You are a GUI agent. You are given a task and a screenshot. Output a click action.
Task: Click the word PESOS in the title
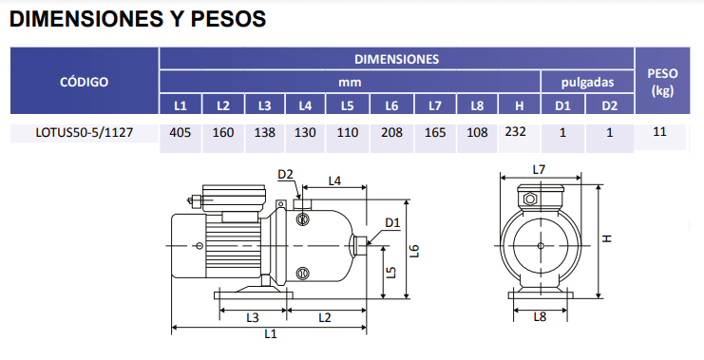tap(229, 19)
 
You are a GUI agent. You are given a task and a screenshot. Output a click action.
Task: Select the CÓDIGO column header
tap(85, 82)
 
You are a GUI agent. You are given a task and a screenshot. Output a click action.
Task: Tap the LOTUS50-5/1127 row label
tap(85, 133)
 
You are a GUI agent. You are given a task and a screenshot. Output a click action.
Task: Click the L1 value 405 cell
tap(181, 133)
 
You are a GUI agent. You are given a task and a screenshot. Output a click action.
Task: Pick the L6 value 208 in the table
tap(391, 133)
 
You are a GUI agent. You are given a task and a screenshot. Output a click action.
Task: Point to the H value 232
tap(516, 132)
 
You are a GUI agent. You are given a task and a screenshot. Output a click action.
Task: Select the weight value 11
tap(659, 132)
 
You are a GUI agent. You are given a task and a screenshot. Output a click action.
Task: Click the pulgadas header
tap(587, 82)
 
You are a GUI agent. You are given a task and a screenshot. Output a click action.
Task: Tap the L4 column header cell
tap(305, 105)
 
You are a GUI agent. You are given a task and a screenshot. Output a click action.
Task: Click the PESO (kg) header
tap(662, 82)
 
